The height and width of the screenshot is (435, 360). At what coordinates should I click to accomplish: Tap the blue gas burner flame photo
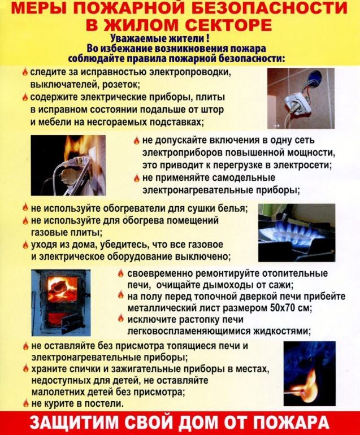pos(296,232)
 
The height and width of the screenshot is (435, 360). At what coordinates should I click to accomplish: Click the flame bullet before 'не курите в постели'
pos(25,403)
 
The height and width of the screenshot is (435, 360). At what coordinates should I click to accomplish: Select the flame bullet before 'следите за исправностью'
pos(25,72)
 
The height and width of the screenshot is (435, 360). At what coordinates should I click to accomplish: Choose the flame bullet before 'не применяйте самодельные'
pos(137,178)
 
